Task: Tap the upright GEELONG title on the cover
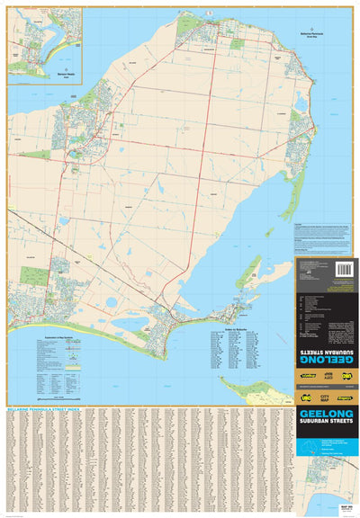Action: click(x=327, y=415)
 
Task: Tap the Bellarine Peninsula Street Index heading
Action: click(x=45, y=407)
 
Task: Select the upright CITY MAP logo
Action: click(x=327, y=397)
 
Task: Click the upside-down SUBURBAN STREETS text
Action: click(x=327, y=343)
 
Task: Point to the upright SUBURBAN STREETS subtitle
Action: click(x=327, y=426)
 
